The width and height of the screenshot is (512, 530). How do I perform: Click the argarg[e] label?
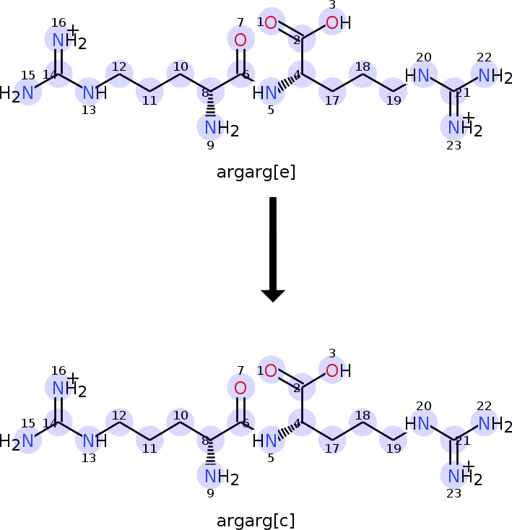coord(256,172)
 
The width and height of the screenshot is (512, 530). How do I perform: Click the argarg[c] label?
coord(256,521)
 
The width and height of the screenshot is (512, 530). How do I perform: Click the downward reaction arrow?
coord(273,249)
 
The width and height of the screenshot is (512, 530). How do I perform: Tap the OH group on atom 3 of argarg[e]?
coord(338,22)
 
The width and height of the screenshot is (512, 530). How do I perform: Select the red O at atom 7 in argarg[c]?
coord(240,388)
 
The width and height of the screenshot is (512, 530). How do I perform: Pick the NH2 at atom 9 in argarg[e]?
coord(222,129)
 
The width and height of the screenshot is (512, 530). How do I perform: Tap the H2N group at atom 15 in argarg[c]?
coord(17,441)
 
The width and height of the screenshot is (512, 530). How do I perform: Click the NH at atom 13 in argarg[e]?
coord(95,92)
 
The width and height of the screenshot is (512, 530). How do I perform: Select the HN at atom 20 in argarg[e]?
coord(417,75)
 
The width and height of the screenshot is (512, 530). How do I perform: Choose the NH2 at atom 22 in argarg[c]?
coord(495,424)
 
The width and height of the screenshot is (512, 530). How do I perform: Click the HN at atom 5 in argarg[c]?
coord(265,440)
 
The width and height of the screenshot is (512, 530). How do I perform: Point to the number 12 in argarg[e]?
coord(119,66)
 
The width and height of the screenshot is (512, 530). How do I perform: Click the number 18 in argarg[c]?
coord(363,415)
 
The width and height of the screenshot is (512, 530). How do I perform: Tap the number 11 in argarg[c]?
coord(149,448)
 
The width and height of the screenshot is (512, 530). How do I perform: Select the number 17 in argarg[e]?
coord(332,100)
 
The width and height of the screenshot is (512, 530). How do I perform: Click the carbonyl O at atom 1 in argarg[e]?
coord(271,22)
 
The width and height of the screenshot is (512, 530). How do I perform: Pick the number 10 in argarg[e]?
coord(181,66)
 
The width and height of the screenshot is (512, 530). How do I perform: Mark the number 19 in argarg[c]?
coord(394,448)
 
